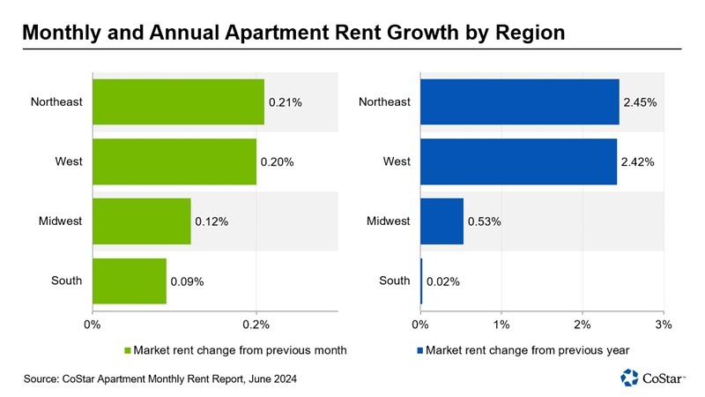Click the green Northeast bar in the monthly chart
click(178, 102)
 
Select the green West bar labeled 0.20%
click(174, 161)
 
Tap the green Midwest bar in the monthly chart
click(141, 221)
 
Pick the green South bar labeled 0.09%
click(129, 281)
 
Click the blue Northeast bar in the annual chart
click(519, 102)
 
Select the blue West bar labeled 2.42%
click(518, 161)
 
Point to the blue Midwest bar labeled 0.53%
click(442, 221)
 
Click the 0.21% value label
click(285, 103)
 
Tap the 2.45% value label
click(640, 103)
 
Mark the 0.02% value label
click(442, 282)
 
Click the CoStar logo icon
click(630, 378)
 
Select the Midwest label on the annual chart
click(389, 221)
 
